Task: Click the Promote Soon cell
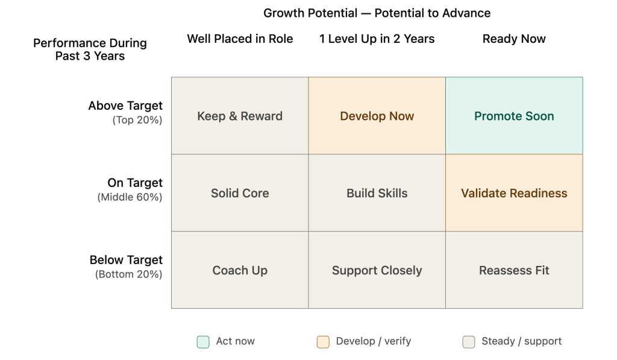click(514, 115)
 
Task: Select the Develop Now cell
click(377, 115)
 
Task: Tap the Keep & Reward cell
click(240, 115)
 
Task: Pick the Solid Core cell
click(240, 192)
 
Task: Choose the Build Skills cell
click(377, 192)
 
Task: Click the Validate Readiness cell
click(514, 192)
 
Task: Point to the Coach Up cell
click(240, 270)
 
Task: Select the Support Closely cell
click(377, 270)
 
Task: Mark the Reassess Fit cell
click(514, 270)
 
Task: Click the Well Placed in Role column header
click(240, 39)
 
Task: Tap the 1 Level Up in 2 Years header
click(377, 39)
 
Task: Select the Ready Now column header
click(514, 39)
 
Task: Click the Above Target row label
click(125, 106)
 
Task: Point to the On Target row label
click(135, 183)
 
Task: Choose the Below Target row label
click(126, 260)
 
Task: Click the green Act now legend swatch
click(203, 342)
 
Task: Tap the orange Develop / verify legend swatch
click(323, 342)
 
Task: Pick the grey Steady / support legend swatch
click(469, 342)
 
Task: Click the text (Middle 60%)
click(130, 197)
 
